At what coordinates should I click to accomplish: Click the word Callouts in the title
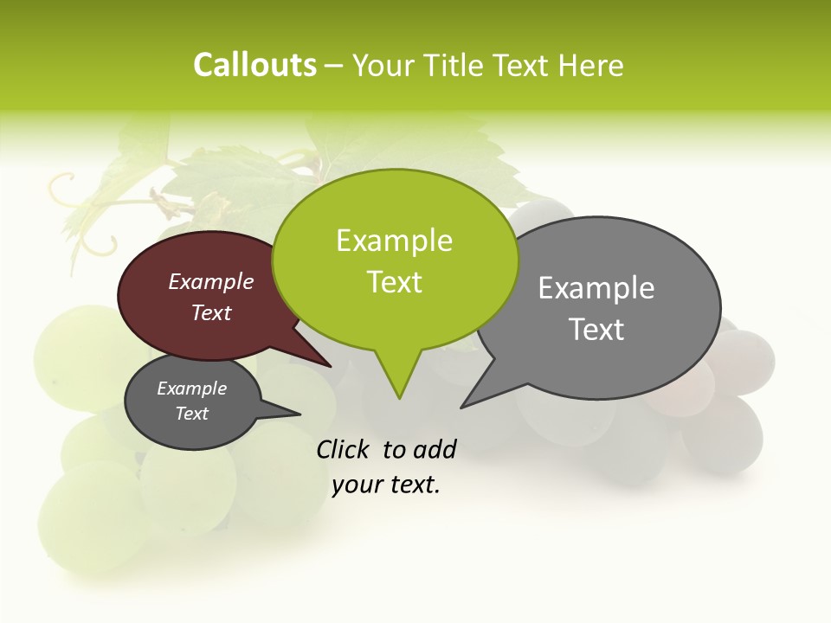[254, 65]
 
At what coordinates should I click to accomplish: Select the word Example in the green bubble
[394, 241]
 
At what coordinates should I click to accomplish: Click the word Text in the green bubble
[394, 282]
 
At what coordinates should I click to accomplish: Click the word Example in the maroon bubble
[211, 281]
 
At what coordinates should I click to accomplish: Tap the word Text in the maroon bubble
[211, 312]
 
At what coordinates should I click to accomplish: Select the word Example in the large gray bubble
[596, 288]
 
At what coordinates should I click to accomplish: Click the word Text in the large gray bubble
[596, 330]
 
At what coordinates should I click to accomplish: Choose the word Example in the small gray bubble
[191, 389]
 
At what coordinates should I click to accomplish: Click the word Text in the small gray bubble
[191, 414]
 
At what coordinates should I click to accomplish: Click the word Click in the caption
[344, 449]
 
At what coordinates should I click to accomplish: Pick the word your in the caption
[356, 485]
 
